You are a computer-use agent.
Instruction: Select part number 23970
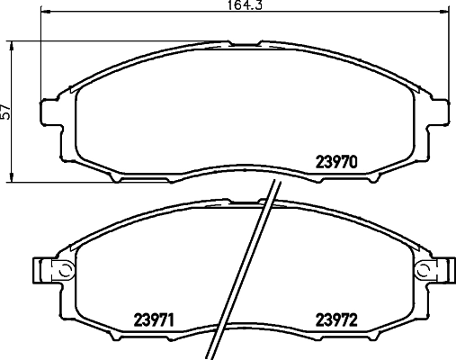pyautogui.click(x=337, y=164)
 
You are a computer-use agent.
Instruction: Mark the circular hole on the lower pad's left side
pyautogui.click(x=64, y=270)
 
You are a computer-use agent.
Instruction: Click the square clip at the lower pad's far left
pyautogui.click(x=40, y=270)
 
